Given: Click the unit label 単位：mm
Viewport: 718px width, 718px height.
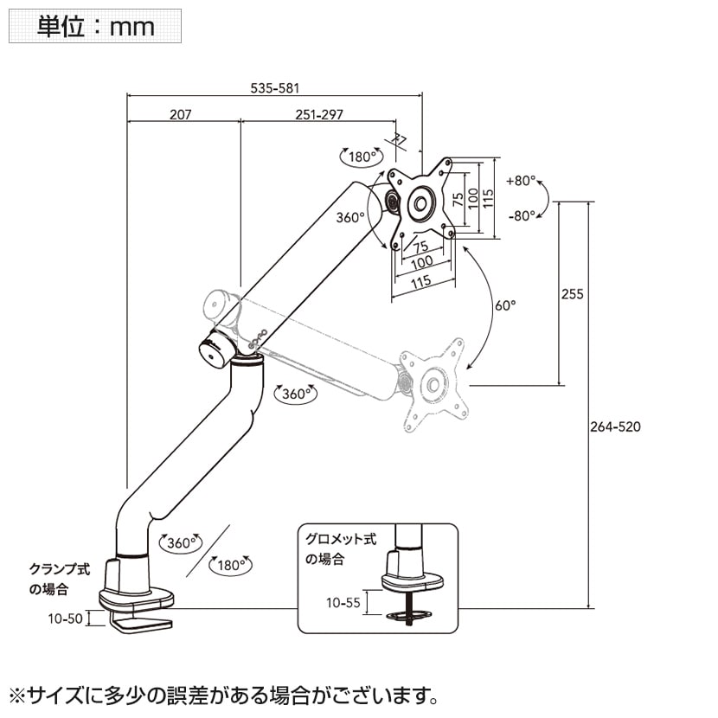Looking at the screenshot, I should [95, 26].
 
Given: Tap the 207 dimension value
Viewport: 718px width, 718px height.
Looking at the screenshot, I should [180, 114].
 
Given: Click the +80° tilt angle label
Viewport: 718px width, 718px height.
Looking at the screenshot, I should [521, 182].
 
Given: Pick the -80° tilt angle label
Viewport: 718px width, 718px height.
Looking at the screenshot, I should [521, 215].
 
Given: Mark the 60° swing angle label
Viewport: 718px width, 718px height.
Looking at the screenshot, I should [505, 305].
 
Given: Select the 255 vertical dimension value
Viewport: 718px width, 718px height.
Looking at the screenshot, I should [573, 294].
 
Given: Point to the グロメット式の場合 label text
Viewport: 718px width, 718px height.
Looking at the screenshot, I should [340, 548].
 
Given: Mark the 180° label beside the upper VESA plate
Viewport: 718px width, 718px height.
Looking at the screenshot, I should [362, 157].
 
